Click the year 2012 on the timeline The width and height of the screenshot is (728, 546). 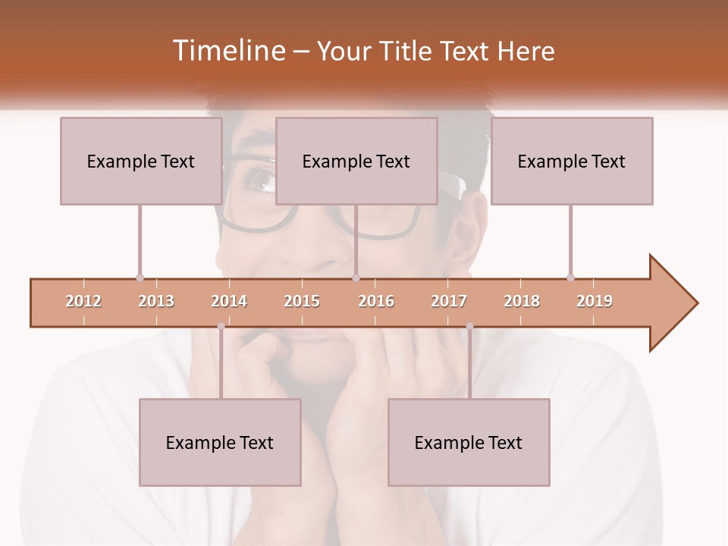coord(83,301)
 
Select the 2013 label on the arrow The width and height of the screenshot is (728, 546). coord(156,301)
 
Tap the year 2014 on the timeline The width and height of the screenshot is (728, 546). coord(229,301)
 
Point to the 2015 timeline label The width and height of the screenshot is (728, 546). coord(302,301)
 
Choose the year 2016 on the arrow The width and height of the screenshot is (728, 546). coord(376,301)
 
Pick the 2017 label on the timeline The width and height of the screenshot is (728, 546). coord(449,301)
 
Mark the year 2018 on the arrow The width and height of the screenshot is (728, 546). coord(522,301)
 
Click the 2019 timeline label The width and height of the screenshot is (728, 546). coord(595,301)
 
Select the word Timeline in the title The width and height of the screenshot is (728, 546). coord(227,51)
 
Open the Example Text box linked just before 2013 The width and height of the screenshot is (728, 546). coord(141,161)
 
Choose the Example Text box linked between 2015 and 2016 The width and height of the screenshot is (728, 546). coord(356,161)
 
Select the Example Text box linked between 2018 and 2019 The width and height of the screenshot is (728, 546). coord(572,161)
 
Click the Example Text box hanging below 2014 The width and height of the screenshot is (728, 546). coord(220,442)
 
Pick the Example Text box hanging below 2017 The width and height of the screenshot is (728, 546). coord(469,442)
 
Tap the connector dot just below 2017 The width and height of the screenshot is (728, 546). coord(469,326)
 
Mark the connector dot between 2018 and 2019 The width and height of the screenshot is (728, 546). coord(570,278)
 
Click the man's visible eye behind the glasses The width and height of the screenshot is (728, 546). coord(261,180)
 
